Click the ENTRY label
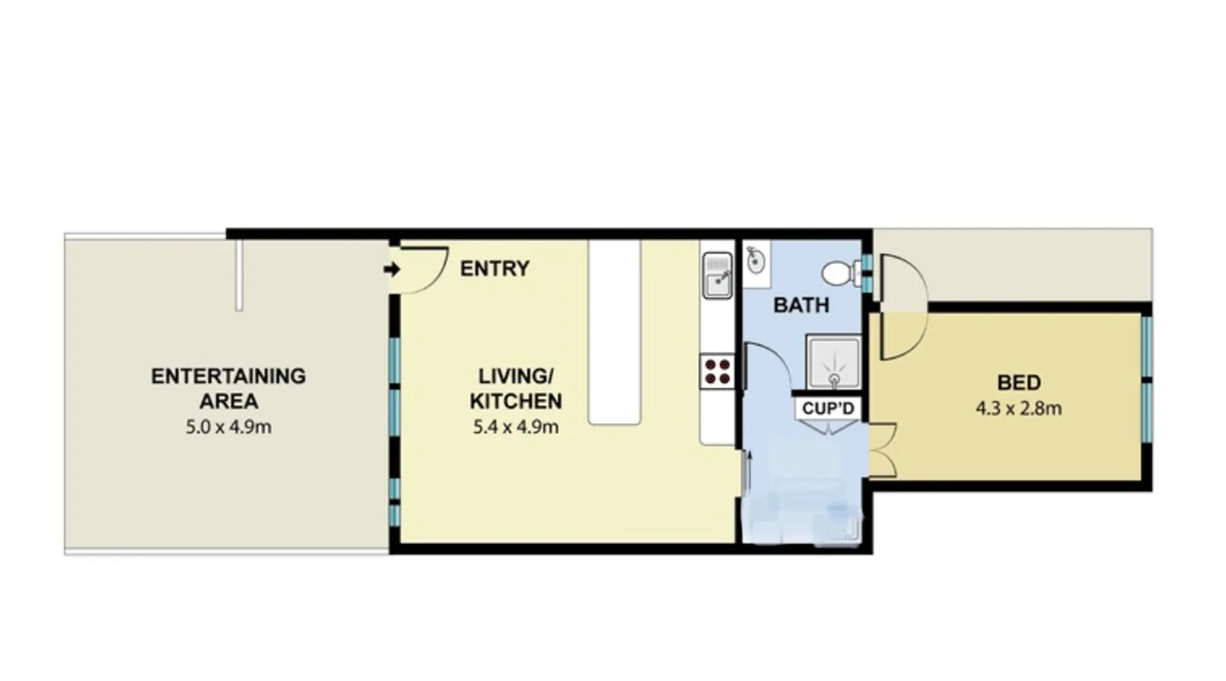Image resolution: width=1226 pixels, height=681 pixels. tap(494, 268)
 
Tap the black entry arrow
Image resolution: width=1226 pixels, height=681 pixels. tap(392, 270)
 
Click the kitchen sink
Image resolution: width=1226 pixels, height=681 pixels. tap(717, 275)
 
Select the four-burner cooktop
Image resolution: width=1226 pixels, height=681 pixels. tap(717, 373)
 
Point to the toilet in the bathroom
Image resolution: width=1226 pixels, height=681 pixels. tap(840, 274)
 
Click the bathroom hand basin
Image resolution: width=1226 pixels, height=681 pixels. tap(755, 259)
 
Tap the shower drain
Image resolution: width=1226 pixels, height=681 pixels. tap(834, 379)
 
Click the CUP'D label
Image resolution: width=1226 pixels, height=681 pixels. tap(828, 409)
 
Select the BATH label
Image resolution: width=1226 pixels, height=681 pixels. tap(801, 305)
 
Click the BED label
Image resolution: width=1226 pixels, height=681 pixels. tap(1019, 383)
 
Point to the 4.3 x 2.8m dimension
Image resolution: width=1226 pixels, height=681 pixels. tap(1019, 409)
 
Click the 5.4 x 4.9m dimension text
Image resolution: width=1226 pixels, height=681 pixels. tap(516, 427)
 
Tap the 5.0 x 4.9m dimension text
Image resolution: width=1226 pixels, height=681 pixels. tap(229, 427)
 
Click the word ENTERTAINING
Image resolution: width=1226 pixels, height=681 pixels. tap(229, 376)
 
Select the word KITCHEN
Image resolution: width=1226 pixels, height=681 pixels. tap(516, 401)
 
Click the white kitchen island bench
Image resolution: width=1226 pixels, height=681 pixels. tap(614, 332)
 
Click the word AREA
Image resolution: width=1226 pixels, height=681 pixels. tap(229, 401)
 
